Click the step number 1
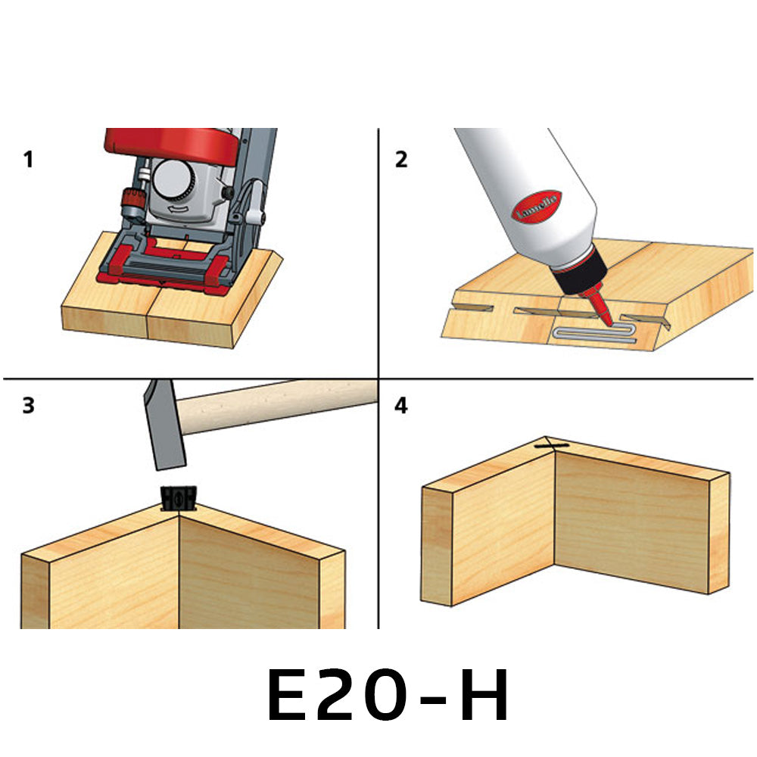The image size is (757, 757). tap(28, 160)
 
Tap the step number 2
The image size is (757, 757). tap(401, 160)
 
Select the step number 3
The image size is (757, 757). tap(28, 406)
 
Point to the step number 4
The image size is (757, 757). tap(401, 406)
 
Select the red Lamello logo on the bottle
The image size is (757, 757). tap(537, 205)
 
